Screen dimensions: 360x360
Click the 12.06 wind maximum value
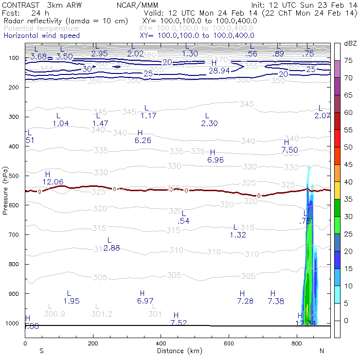click(x=53, y=182)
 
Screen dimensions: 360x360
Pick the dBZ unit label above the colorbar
click(x=350, y=44)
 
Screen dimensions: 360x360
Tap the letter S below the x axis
click(x=41, y=351)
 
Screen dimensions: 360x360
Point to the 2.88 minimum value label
click(x=112, y=248)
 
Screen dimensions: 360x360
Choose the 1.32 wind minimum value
click(x=238, y=235)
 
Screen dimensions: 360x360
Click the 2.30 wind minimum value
click(x=209, y=124)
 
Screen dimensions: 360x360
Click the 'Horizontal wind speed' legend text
click(x=41, y=36)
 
